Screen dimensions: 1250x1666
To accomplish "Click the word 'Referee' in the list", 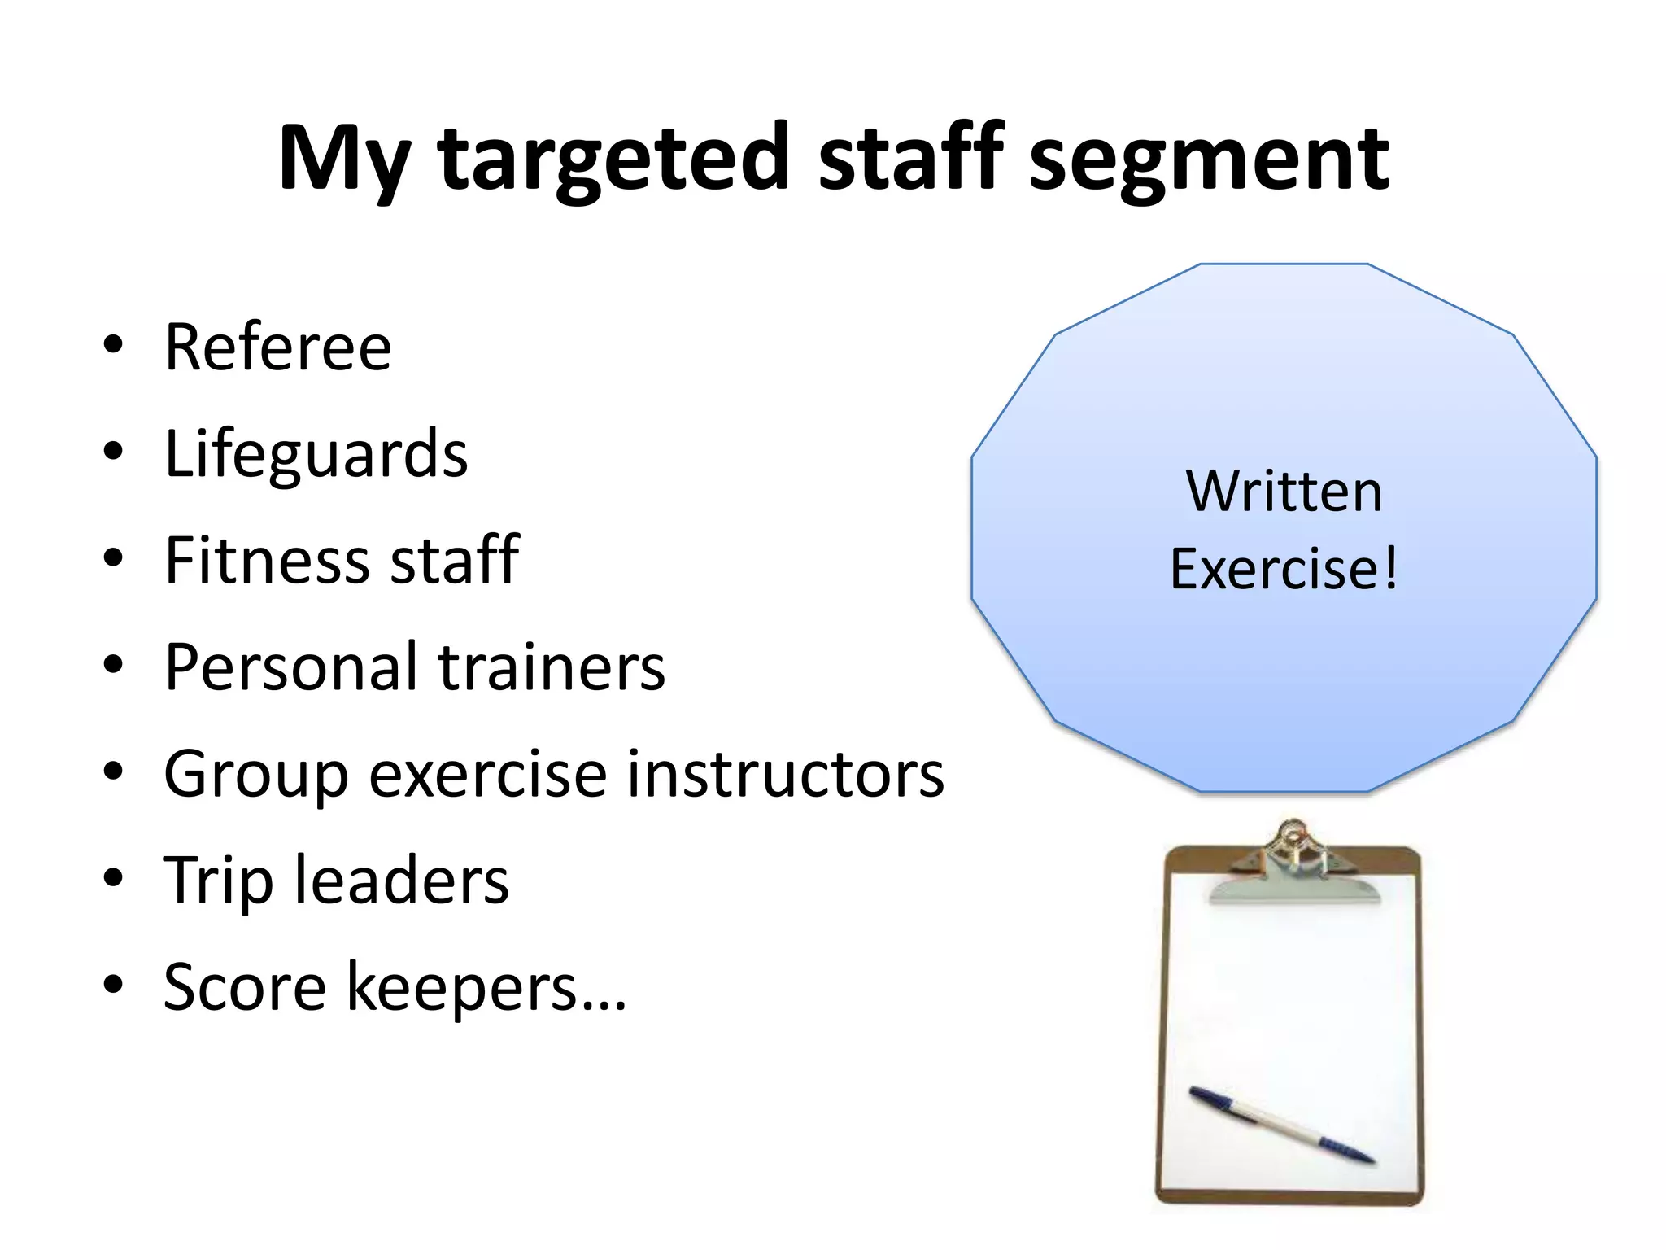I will (278, 347).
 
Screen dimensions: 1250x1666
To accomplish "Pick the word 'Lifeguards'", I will (316, 454).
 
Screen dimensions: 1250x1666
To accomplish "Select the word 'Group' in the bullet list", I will (255, 775).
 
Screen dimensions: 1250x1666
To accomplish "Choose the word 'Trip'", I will (218, 881).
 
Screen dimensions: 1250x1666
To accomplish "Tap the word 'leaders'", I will (402, 881).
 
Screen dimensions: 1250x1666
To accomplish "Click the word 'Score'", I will (245, 988).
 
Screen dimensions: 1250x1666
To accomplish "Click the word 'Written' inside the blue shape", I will (1284, 492).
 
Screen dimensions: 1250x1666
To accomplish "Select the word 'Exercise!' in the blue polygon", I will (1284, 569).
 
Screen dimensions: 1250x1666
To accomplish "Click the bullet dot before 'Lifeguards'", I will (113, 451).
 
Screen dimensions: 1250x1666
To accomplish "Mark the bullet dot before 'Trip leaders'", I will (113, 878).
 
